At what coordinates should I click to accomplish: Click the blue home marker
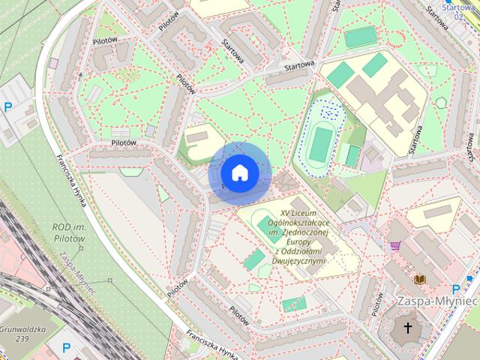[x=239, y=173]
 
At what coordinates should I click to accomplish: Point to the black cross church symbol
[x=409, y=328]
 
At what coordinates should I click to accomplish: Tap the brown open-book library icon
[x=420, y=279]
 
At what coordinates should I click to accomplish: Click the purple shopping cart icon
[x=394, y=245]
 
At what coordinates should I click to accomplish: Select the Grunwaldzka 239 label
[x=22, y=334]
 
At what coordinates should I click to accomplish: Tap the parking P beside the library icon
[x=456, y=290]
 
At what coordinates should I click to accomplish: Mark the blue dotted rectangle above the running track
[x=329, y=110]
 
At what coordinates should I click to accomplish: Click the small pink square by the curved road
[x=53, y=64]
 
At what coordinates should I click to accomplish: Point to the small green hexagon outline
[x=440, y=103]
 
